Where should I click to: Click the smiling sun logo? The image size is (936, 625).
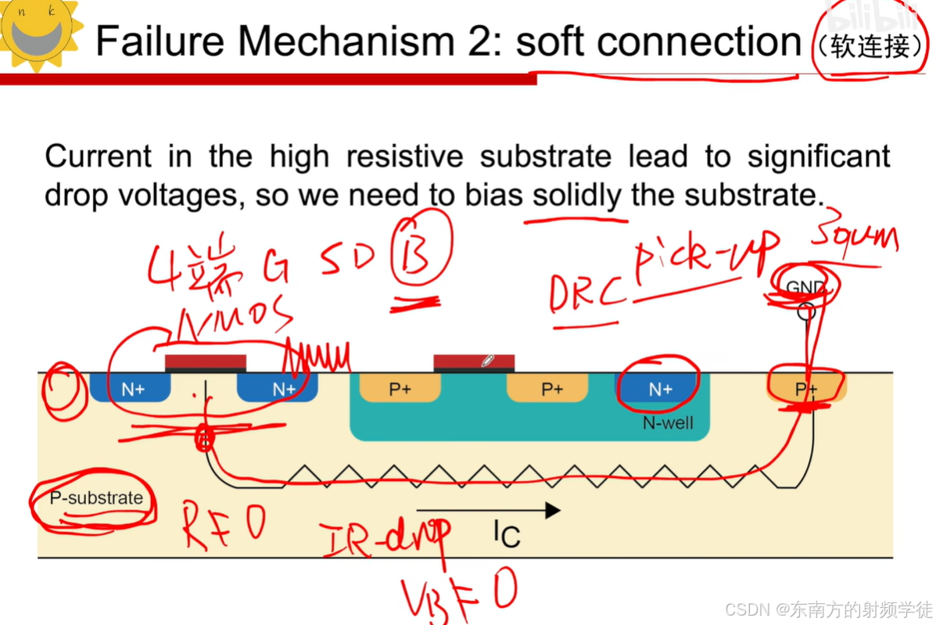click(x=39, y=33)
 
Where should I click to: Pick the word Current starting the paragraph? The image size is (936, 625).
click(x=99, y=156)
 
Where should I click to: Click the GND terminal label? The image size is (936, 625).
click(x=805, y=288)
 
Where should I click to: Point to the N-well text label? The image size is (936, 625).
click(x=666, y=424)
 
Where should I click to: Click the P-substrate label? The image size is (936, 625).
click(x=96, y=498)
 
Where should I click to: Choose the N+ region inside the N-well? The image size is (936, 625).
click(x=659, y=389)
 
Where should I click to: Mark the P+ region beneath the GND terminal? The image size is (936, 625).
click(x=805, y=389)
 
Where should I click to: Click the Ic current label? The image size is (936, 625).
click(x=506, y=535)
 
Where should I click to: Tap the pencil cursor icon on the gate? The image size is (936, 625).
click(x=487, y=361)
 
